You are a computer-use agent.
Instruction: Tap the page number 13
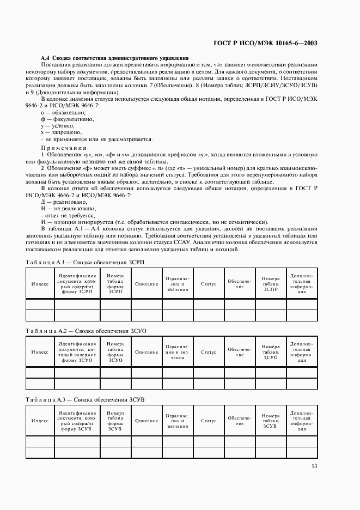(x=314, y=465)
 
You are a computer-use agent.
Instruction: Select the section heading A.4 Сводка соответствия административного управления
(x=115, y=57)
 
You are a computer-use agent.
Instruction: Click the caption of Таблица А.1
(x=85, y=262)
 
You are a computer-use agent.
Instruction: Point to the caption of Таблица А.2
(x=86, y=331)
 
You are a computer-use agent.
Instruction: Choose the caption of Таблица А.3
(x=86, y=399)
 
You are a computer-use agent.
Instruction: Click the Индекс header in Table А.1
(x=40, y=284)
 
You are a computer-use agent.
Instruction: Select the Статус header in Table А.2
(x=209, y=352)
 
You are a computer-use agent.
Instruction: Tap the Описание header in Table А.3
(x=147, y=421)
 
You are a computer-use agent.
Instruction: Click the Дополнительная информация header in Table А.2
(x=301, y=352)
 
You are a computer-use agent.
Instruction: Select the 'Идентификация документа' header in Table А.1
(x=77, y=284)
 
